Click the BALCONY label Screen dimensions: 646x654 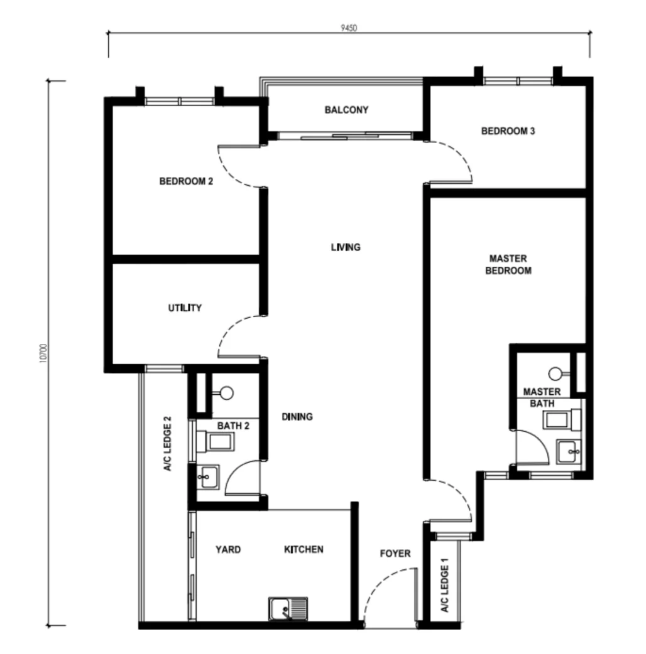pyautogui.click(x=347, y=110)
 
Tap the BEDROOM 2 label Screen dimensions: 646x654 pyautogui.click(x=186, y=181)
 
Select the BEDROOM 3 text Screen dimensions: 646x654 pyautogui.click(x=508, y=131)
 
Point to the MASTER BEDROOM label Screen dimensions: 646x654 pyautogui.click(x=508, y=264)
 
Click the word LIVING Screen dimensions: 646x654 pyautogui.click(x=346, y=247)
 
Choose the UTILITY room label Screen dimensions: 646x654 pyautogui.click(x=185, y=308)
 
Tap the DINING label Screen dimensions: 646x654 pyautogui.click(x=297, y=417)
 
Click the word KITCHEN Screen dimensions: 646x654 pyautogui.click(x=304, y=549)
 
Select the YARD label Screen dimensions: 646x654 pyautogui.click(x=228, y=549)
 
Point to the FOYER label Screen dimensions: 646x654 pyautogui.click(x=395, y=554)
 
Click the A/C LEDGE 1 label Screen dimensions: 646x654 pyautogui.click(x=445, y=585)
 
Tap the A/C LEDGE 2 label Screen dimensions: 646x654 pyautogui.click(x=167, y=443)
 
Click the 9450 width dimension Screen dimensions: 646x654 pyautogui.click(x=349, y=28)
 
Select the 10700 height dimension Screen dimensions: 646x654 pyautogui.click(x=43, y=353)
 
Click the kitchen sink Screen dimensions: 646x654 pyautogui.click(x=288, y=609)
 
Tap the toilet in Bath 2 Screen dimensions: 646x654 pyautogui.click(x=216, y=442)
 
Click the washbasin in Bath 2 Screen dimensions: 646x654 pyautogui.click(x=207, y=477)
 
